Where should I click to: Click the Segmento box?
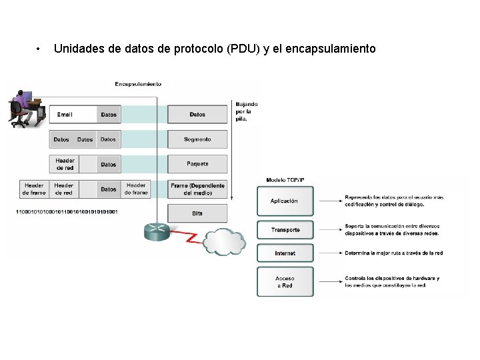[x=197, y=139]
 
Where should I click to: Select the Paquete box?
[x=197, y=164]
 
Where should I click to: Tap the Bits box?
[x=197, y=213]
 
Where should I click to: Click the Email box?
[x=74, y=115]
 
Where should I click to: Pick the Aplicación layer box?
[x=285, y=201]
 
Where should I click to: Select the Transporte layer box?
[x=285, y=230]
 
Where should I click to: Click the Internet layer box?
[x=285, y=253]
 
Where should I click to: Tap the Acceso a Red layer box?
[x=285, y=282]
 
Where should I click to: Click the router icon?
[x=157, y=231]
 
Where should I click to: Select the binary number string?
[x=67, y=212]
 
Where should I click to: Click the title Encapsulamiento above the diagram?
[x=138, y=84]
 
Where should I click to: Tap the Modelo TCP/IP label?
[x=285, y=180]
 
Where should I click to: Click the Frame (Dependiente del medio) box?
[x=197, y=189]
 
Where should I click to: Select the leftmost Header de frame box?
[x=33, y=189]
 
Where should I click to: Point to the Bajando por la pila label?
[x=246, y=111]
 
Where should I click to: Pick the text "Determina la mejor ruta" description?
[x=393, y=253]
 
